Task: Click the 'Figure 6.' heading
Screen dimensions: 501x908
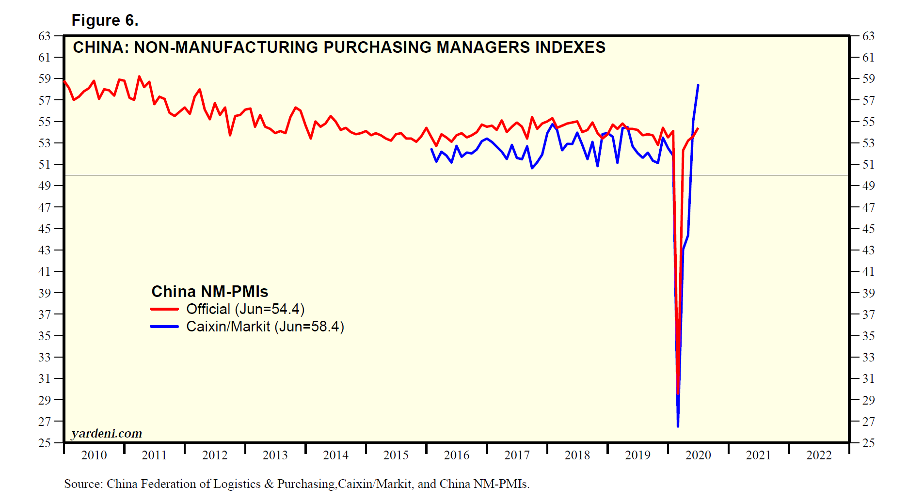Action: (105, 20)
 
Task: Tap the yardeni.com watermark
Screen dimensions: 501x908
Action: (107, 433)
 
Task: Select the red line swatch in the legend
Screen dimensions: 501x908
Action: (164, 309)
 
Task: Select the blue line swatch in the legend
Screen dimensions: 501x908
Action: (164, 327)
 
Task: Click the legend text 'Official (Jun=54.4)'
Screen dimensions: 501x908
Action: (245, 309)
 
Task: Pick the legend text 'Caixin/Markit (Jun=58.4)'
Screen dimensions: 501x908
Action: (265, 327)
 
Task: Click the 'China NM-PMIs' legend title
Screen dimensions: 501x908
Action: (209, 291)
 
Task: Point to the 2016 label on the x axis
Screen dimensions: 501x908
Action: (456, 455)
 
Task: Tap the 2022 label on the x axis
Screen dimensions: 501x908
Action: (819, 455)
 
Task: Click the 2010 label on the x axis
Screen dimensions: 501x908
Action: (94, 455)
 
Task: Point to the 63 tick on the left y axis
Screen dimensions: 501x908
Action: (45, 36)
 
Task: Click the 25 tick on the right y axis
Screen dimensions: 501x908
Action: (868, 443)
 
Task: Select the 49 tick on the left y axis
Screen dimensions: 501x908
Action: (45, 186)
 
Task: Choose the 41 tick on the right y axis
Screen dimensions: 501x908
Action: (868, 271)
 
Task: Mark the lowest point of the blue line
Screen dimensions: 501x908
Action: (678, 426)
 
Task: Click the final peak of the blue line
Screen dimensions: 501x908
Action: (698, 85)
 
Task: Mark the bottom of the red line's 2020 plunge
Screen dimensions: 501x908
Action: (678, 393)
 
